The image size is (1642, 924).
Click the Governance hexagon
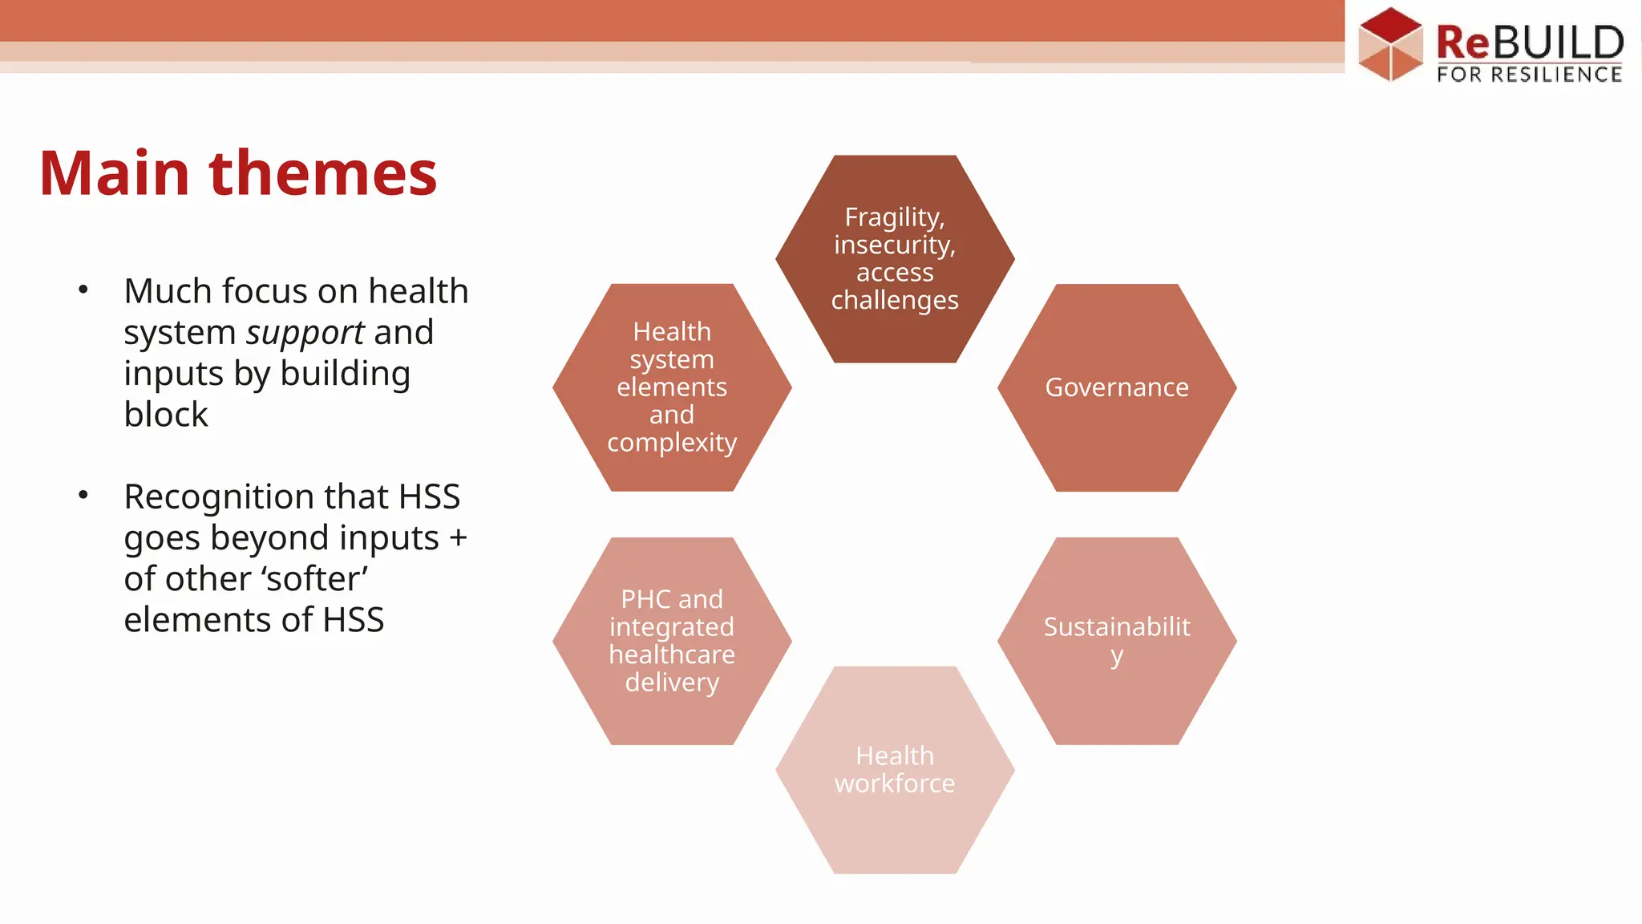[1117, 387]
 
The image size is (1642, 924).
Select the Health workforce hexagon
[895, 770]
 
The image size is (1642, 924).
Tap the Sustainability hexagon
[1117, 641]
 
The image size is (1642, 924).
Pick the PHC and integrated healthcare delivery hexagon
[672, 641]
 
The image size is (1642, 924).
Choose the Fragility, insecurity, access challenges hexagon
[895, 258]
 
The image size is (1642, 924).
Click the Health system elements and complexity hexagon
[672, 387]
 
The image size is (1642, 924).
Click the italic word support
[305, 333]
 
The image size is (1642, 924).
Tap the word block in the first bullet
[166, 415]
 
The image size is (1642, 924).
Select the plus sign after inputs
[458, 538]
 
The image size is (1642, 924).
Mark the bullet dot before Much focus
[83, 290]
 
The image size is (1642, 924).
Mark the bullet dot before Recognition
[83, 495]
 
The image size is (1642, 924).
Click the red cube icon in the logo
[1390, 45]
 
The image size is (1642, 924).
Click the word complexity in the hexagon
[672, 443]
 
